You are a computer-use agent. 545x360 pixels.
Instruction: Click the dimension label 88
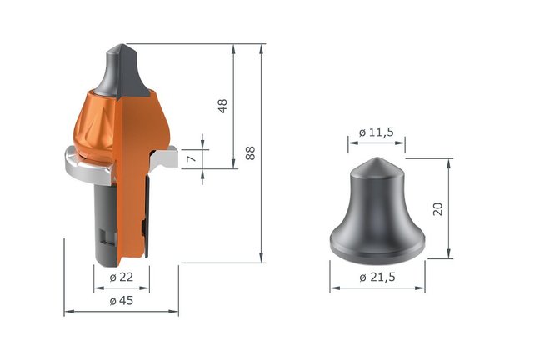pyautogui.click(x=250, y=152)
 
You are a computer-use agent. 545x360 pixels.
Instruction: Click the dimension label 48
pyautogui.click(x=222, y=106)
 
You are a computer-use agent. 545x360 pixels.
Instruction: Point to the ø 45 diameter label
pyautogui.click(x=122, y=302)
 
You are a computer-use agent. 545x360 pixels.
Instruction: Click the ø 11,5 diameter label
pyautogui.click(x=376, y=132)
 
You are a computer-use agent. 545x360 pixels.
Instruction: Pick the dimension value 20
pyautogui.click(x=437, y=207)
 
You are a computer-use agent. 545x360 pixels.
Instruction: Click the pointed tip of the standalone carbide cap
pyautogui.click(x=376, y=160)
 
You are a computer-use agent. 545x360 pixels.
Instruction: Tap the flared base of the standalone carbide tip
pyautogui.click(x=377, y=247)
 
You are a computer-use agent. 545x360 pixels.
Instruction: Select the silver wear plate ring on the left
pyautogui.click(x=79, y=167)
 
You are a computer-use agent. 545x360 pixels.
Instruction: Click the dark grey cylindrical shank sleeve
pyautogui.click(x=100, y=217)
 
